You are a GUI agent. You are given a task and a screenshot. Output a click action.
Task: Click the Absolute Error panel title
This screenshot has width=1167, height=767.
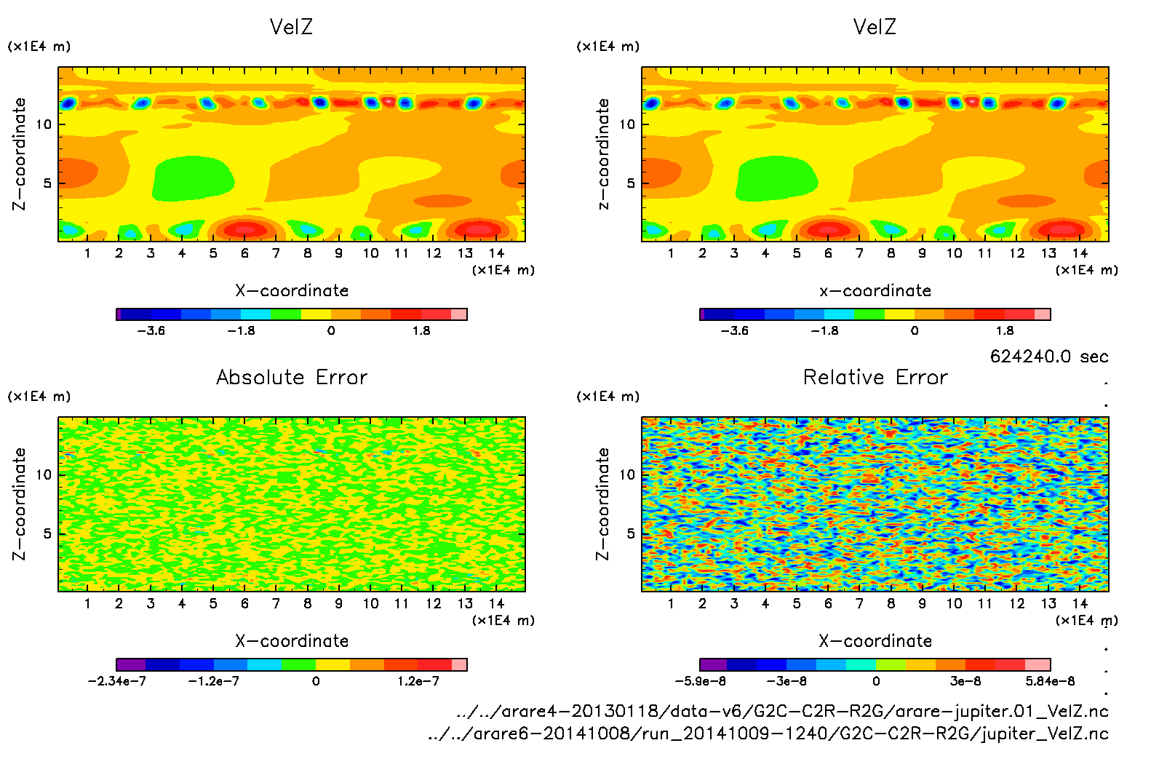(x=292, y=377)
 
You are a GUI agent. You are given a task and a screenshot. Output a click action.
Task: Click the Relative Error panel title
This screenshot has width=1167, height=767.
(x=875, y=377)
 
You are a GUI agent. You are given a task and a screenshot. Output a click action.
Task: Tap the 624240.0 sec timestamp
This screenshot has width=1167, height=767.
(x=1048, y=357)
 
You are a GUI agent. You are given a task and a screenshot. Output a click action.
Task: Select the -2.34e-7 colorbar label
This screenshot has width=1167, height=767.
(x=116, y=681)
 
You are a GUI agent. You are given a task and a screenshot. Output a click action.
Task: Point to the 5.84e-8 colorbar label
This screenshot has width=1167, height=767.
(x=1050, y=681)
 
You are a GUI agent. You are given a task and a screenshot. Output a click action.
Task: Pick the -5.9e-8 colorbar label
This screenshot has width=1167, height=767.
(x=701, y=681)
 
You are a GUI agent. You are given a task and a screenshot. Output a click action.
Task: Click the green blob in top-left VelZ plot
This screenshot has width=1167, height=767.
(x=193, y=178)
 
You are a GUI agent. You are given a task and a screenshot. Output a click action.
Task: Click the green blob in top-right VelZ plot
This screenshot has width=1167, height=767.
(x=776, y=178)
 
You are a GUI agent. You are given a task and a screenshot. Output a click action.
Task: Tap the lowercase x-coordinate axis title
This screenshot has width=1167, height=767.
(x=875, y=291)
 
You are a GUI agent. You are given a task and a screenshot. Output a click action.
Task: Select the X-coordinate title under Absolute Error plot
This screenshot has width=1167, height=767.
(x=292, y=641)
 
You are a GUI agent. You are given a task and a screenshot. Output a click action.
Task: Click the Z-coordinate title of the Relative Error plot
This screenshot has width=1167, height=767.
(x=602, y=504)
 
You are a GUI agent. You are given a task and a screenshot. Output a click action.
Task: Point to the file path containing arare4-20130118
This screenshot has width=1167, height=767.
(x=782, y=711)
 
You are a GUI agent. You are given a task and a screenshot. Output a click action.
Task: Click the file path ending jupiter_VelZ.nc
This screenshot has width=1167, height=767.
(x=768, y=734)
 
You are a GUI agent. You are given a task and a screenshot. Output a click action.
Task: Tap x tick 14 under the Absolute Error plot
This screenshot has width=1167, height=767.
(x=496, y=603)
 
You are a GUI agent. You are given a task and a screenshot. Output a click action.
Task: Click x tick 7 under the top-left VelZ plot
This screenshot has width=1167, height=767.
(x=276, y=253)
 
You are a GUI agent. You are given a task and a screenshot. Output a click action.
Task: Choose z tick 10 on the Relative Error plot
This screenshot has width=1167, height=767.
(x=627, y=474)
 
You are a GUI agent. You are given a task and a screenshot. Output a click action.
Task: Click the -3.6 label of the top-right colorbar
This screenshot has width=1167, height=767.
(x=734, y=330)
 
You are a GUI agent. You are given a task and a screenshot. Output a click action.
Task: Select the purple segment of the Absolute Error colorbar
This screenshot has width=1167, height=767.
(x=131, y=664)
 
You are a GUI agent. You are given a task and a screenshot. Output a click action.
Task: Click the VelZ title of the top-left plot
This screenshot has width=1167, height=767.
(x=291, y=27)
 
